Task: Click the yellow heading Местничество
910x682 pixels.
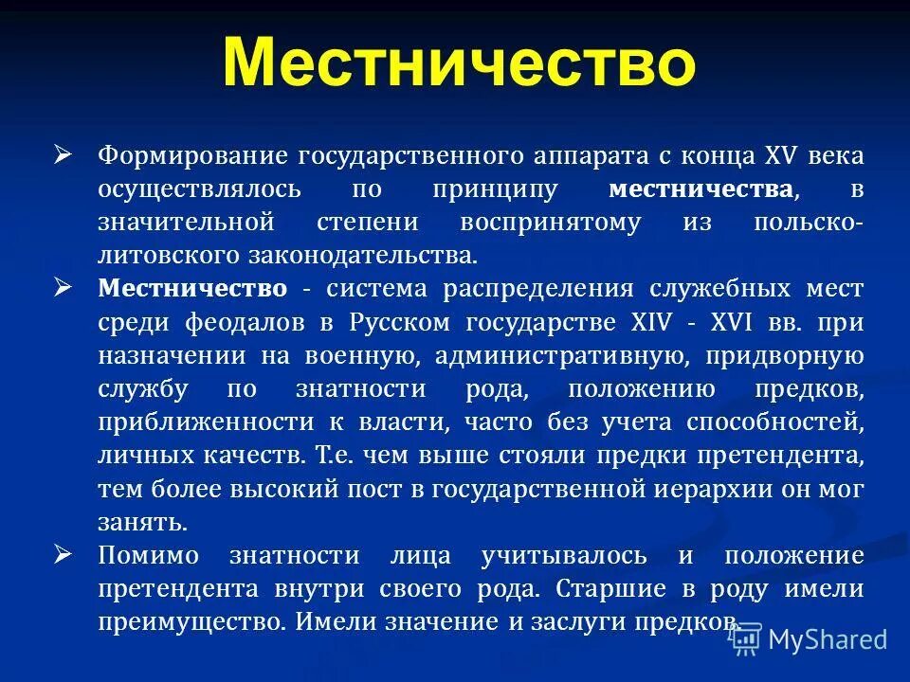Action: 459,62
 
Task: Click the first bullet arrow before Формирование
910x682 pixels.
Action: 64,153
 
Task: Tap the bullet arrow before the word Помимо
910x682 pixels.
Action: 64,552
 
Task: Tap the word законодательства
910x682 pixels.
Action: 369,255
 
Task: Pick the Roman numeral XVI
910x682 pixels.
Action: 733,321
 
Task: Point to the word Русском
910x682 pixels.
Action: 401,321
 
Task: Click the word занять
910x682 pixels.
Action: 142,522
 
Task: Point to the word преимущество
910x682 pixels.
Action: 191,621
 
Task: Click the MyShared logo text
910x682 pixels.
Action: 827,638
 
